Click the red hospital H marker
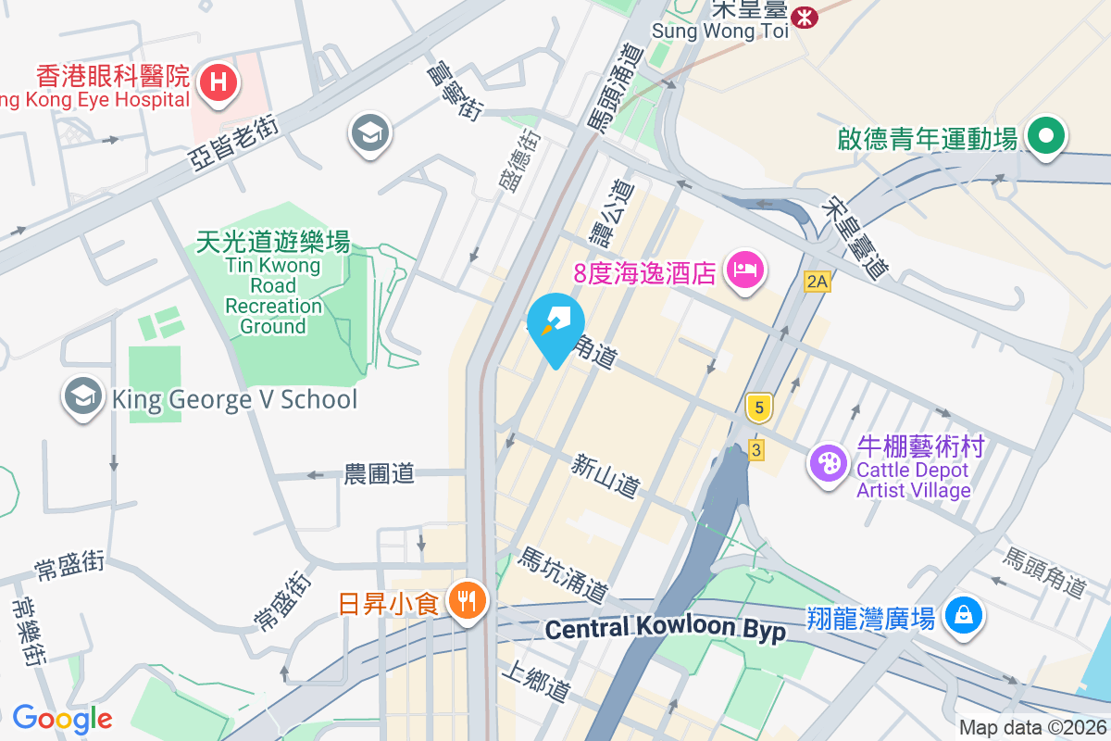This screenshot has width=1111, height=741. (x=218, y=82)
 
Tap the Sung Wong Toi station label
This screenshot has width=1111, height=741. (x=719, y=31)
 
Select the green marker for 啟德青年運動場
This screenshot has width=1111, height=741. (x=1046, y=137)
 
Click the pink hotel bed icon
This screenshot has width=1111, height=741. (x=745, y=270)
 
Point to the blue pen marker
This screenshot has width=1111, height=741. (x=555, y=325)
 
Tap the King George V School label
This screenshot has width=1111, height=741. (x=233, y=400)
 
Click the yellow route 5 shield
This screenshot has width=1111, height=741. (x=758, y=407)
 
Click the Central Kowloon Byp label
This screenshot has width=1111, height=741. (x=665, y=630)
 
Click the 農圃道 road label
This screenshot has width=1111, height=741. (x=379, y=474)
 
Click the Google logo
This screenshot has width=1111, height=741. (x=62, y=719)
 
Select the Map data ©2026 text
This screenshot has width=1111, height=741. (x=1031, y=728)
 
